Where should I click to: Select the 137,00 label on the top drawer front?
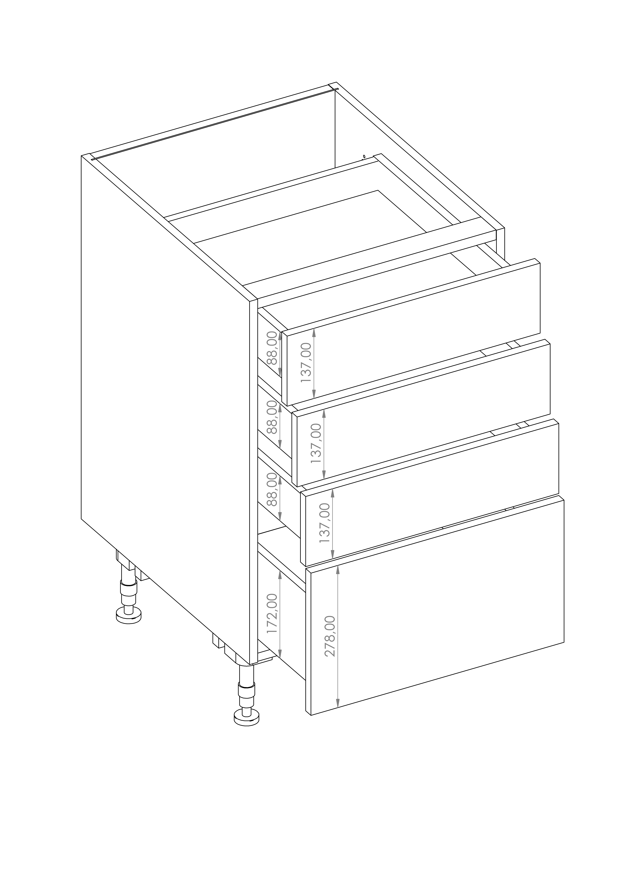click(306, 362)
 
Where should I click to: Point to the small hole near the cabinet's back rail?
click(364, 156)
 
